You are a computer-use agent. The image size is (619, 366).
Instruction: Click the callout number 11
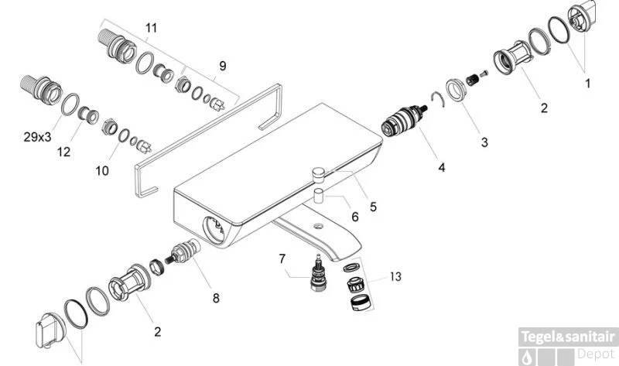coord(151,28)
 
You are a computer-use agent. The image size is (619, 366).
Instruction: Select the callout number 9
coord(222,67)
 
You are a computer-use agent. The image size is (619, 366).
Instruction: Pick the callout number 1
coord(587,82)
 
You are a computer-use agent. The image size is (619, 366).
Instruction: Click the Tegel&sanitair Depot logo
coord(569,344)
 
